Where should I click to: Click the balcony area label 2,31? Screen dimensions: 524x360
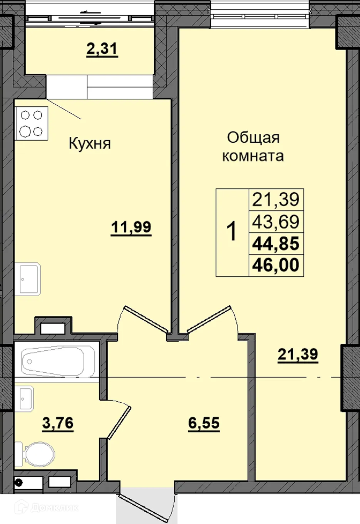click(102, 50)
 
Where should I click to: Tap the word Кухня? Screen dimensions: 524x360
click(90, 143)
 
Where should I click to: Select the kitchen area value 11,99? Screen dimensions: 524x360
click(131, 227)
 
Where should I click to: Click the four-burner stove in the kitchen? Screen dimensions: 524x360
click(32, 123)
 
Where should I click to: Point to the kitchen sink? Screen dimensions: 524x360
click(27, 279)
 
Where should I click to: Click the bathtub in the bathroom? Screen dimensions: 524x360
click(58, 362)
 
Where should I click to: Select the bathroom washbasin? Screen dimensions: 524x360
click(25, 399)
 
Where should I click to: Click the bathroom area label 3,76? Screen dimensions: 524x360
click(57, 423)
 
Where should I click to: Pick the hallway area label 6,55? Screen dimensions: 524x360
click(204, 423)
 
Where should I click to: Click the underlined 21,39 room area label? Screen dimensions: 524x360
click(298, 354)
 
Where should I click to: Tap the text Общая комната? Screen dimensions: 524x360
click(253, 146)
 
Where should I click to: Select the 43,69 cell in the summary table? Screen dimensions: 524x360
click(276, 222)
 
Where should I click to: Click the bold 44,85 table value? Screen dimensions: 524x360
click(276, 244)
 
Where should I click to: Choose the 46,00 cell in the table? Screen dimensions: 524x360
click(276, 265)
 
